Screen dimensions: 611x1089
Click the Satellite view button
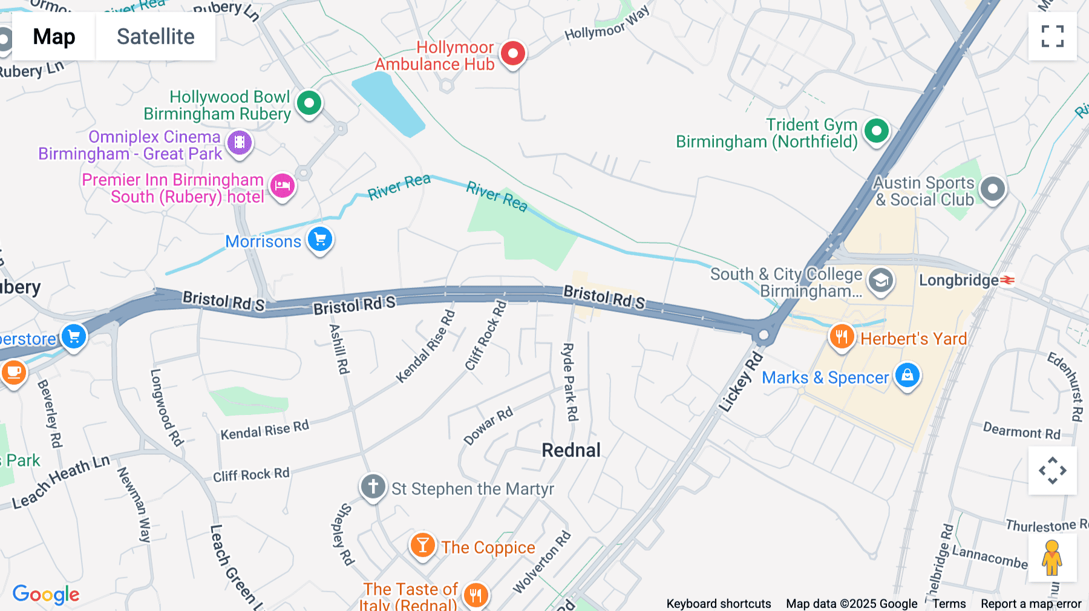pyautogui.click(x=155, y=37)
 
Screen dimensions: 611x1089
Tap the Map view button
pyautogui.click(x=54, y=37)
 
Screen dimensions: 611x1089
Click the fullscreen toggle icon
pyautogui.click(x=1052, y=36)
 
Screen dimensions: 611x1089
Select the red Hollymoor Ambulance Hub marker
pyautogui.click(x=513, y=54)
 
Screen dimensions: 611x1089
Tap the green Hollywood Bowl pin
pyautogui.click(x=309, y=103)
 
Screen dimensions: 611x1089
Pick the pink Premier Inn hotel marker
pyautogui.click(x=282, y=186)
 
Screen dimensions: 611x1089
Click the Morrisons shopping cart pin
pyautogui.click(x=320, y=240)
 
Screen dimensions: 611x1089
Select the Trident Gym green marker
pyautogui.click(x=876, y=131)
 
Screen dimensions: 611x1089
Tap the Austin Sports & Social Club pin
pyautogui.click(x=992, y=189)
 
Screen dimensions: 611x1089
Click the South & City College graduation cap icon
pyautogui.click(x=880, y=281)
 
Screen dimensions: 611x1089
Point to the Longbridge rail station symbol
pyautogui.click(x=1007, y=280)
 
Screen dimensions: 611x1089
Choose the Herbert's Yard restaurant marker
pyautogui.click(x=842, y=336)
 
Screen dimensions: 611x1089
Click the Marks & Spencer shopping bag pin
pyautogui.click(x=907, y=376)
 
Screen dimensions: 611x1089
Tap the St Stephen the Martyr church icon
pyautogui.click(x=373, y=486)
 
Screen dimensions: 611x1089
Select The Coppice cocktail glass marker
pyautogui.click(x=423, y=546)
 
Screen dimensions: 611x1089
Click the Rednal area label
pyautogui.click(x=571, y=450)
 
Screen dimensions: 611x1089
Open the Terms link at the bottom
pyautogui.click(x=949, y=604)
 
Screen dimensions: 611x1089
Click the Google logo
pyautogui.click(x=46, y=594)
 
